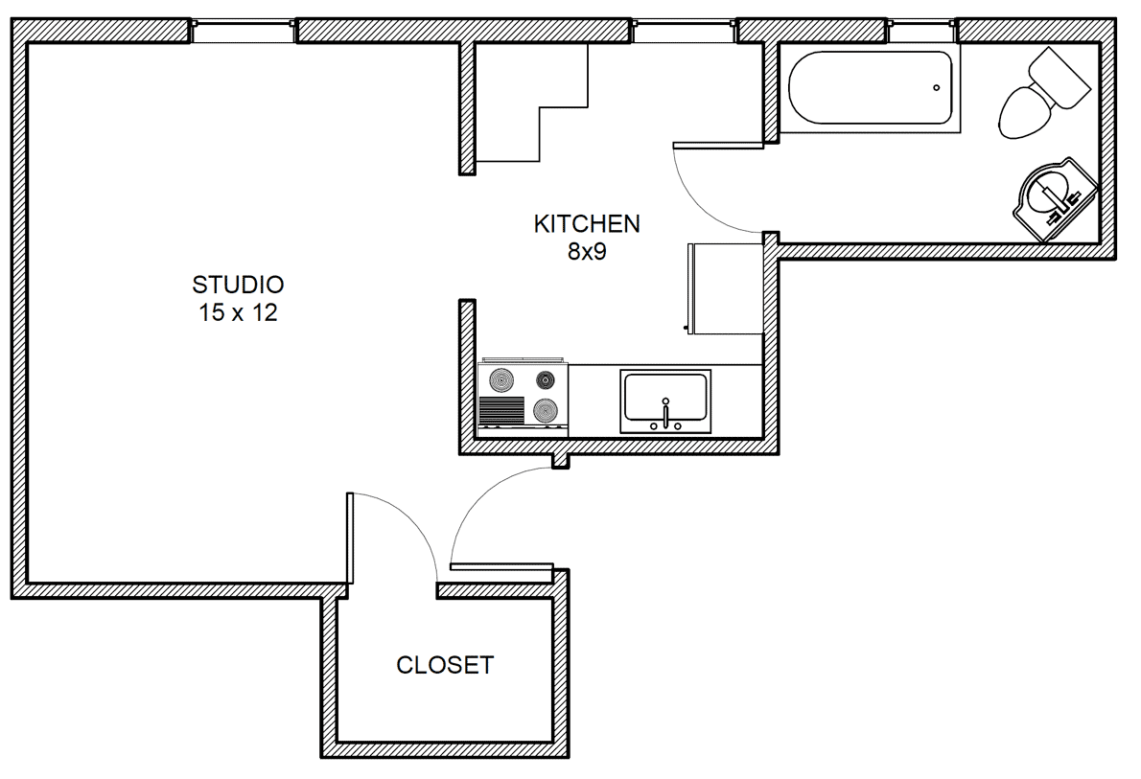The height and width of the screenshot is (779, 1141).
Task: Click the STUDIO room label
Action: tap(238, 285)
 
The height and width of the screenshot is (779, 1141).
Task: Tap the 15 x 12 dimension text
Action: tap(239, 312)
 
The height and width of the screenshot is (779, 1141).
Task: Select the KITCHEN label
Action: tap(587, 224)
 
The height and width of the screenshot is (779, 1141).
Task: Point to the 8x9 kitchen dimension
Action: tap(587, 252)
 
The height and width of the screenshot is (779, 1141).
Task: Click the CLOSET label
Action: tap(445, 665)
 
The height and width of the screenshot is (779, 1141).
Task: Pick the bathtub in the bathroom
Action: tap(871, 88)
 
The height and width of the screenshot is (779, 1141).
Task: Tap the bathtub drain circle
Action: tap(937, 88)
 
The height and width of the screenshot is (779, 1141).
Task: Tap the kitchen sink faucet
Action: tap(665, 413)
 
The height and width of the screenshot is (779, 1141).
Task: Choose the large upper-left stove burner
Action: tap(501, 378)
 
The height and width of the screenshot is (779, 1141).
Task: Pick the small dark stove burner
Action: tap(545, 378)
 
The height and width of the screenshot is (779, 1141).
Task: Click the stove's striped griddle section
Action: tap(502, 411)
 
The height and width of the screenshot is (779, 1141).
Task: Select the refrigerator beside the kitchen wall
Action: tap(725, 288)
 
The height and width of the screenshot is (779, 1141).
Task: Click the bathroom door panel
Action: tap(718, 145)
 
